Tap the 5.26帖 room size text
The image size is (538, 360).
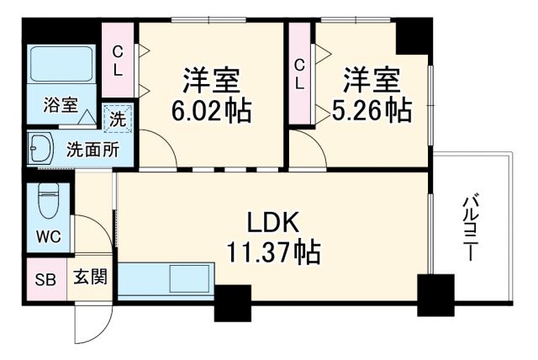(x=377, y=109)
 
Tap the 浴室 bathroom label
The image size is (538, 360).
(x=61, y=107)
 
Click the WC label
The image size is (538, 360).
(x=47, y=236)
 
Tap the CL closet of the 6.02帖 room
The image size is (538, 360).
(x=119, y=60)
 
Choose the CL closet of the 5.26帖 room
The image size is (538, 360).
(x=300, y=73)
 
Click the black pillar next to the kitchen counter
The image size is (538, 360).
(x=232, y=303)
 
